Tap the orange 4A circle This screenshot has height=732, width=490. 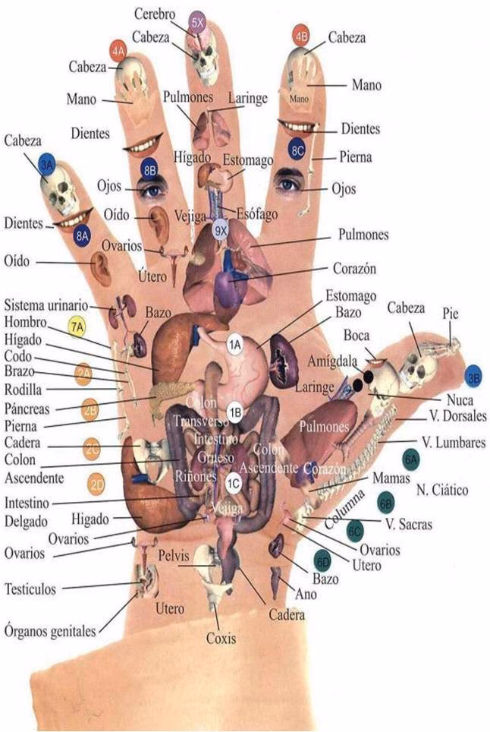point(118,49)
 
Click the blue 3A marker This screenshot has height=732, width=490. point(47,166)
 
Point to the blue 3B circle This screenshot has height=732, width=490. point(474,376)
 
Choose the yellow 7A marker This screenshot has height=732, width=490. point(77,327)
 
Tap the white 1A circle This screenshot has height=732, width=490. point(235,344)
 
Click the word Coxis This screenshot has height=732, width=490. point(221,638)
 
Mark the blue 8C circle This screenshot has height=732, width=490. point(297,147)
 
